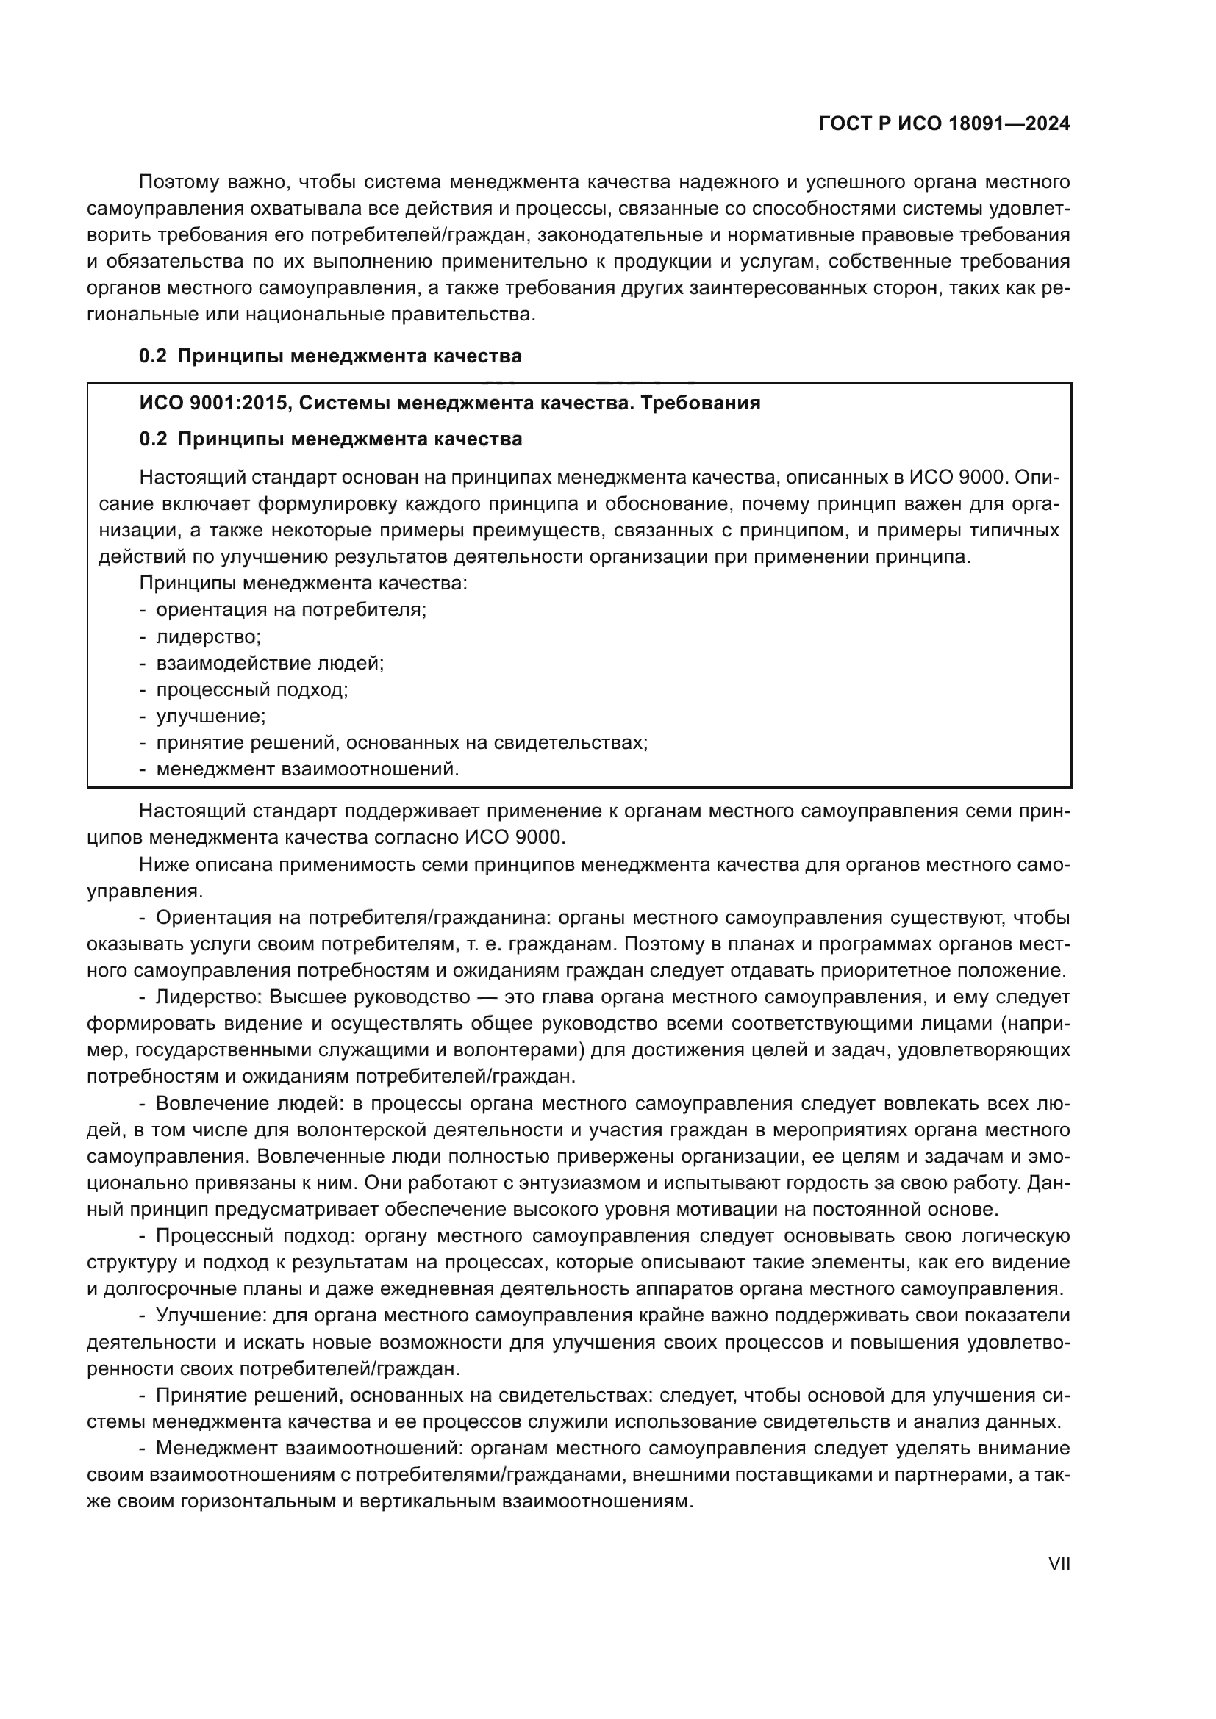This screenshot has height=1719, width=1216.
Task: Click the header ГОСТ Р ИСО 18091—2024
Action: click(944, 124)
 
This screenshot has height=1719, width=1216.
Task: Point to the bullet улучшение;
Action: click(210, 716)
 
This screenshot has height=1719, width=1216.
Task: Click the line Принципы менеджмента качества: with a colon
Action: click(303, 584)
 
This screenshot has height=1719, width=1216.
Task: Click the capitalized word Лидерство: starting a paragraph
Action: click(209, 997)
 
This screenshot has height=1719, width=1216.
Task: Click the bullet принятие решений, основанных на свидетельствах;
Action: click(401, 743)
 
